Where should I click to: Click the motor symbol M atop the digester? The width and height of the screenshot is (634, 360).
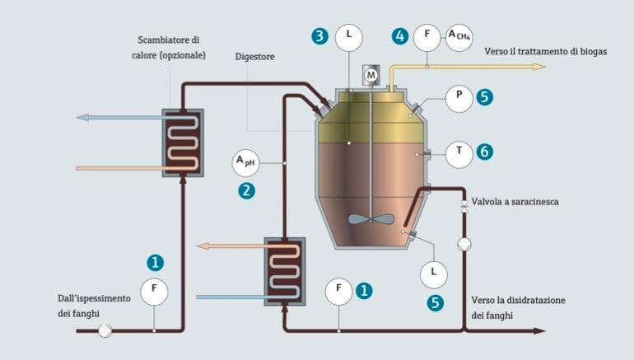[x=371, y=76]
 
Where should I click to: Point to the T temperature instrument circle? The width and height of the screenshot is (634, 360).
[x=459, y=152]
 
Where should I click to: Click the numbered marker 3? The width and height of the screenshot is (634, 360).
[x=320, y=35]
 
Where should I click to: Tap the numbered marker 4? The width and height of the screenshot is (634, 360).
[x=400, y=36]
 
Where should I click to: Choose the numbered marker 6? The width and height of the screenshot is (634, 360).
[x=484, y=152]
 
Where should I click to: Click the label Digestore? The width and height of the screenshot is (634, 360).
[x=255, y=57]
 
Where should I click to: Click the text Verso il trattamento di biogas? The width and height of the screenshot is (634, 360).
[x=547, y=51]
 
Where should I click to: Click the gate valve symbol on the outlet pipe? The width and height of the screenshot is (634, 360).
[x=464, y=207]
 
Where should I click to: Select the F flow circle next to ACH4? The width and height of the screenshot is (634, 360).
[x=427, y=35]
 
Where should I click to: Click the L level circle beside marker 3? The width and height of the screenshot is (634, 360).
[x=349, y=35]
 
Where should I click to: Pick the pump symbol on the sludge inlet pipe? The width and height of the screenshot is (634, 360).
[x=106, y=330]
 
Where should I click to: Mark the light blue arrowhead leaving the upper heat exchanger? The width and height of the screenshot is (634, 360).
[x=82, y=117]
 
